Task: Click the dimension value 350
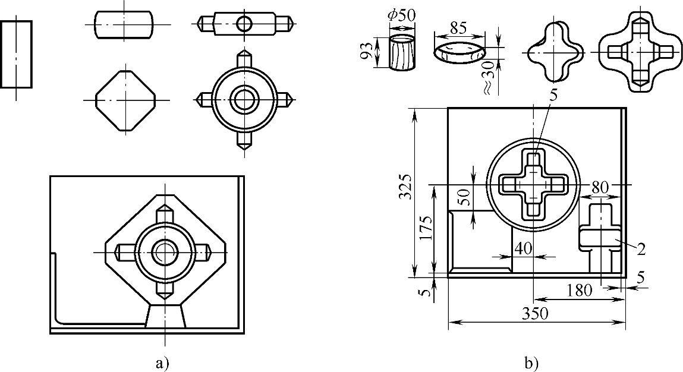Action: tap(536, 313)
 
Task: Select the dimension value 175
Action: tap(426, 228)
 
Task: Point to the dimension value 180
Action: tap(580, 289)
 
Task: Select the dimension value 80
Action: tap(600, 188)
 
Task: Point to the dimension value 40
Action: tap(523, 248)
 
